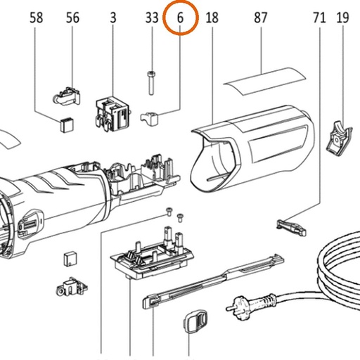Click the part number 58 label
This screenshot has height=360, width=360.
point(37,18)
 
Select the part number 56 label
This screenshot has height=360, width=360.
point(72,18)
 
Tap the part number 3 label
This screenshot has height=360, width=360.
point(113,18)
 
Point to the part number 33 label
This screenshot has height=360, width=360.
point(152,18)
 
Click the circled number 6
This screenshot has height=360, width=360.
point(180,18)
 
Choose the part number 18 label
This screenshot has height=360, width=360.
point(212,18)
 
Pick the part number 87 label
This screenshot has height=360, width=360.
point(261,18)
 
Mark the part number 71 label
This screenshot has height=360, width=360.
point(319,18)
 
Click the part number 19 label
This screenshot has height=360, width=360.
point(342,18)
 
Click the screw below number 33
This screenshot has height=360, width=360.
point(152,83)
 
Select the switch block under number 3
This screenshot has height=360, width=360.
point(112,113)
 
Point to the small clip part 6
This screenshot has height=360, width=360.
point(150,118)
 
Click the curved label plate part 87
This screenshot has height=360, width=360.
point(265,81)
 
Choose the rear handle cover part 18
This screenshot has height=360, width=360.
point(252,150)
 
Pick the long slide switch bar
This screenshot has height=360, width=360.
point(213,281)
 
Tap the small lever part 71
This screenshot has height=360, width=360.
point(291,226)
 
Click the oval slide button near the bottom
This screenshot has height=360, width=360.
point(195,321)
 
